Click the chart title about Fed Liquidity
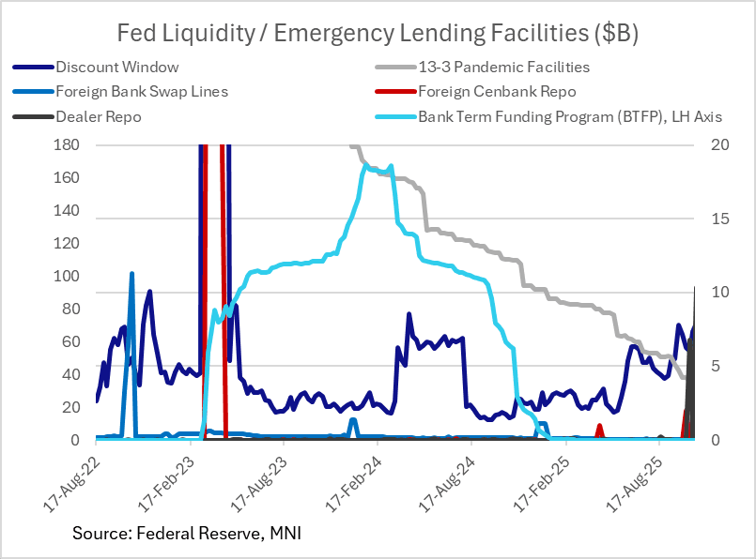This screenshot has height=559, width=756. [x=378, y=35]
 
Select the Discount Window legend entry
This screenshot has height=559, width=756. [x=116, y=67]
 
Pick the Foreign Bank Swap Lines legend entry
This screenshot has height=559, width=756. [x=141, y=92]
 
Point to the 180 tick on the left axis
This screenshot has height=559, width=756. [x=66, y=145]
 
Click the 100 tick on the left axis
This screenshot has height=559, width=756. [x=66, y=277]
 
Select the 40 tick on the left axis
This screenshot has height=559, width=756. [x=69, y=375]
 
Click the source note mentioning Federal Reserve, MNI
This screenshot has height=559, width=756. [x=187, y=534]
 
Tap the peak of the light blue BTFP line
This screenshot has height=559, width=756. [x=390, y=166]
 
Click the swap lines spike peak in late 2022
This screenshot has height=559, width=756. [x=131, y=274]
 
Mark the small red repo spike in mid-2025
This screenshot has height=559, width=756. [x=599, y=426]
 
